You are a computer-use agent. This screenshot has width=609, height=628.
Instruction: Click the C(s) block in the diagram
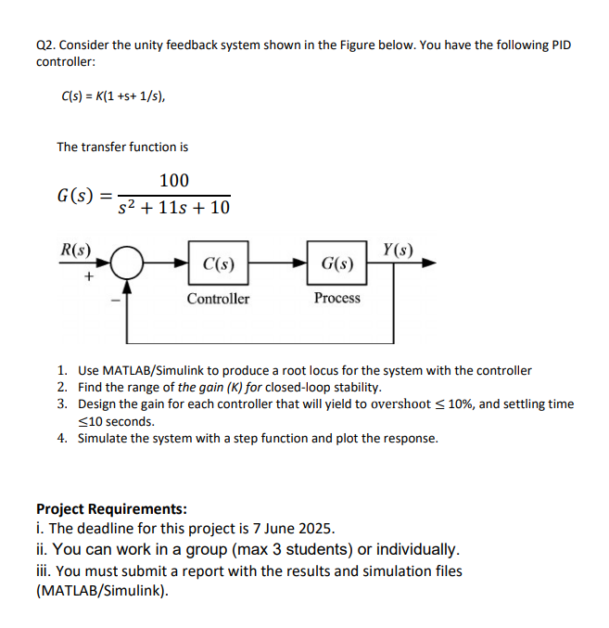coord(218,264)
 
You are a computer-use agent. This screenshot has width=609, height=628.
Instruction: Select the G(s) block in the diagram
coord(336,264)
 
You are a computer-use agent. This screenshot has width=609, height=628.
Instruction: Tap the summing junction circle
coord(128,264)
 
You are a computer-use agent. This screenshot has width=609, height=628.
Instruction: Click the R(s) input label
coord(75,249)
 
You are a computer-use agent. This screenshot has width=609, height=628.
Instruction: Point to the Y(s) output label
coord(398,249)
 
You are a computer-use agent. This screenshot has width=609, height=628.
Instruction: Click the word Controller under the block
coord(218,299)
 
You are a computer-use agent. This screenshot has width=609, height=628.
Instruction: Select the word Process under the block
coord(336,298)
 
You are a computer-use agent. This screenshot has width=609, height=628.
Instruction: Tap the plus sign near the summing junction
coord(89,276)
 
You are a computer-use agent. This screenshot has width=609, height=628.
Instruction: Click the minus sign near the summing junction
coord(115,300)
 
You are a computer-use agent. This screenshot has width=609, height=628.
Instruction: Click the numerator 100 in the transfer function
coord(173,180)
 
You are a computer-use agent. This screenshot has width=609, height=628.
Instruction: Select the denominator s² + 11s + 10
coord(174,206)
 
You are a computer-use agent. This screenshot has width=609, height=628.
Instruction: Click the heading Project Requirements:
coord(111,509)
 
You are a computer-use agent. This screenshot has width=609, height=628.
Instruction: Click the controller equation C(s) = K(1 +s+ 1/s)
coord(114,96)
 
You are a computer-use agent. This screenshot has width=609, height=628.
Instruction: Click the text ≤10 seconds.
coord(116,420)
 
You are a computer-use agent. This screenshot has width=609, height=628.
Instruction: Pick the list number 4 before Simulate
coord(61,438)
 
